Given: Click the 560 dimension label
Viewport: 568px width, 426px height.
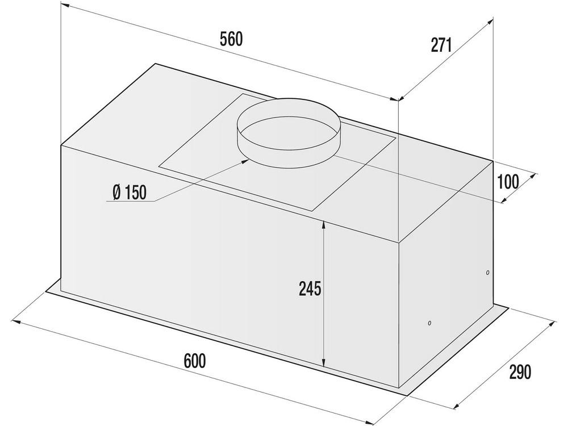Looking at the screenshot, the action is [231, 39].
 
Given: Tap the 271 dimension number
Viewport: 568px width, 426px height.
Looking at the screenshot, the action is [441, 45].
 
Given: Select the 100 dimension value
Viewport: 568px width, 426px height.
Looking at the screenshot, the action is [508, 182].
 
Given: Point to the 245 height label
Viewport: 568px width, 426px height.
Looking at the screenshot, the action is [310, 289].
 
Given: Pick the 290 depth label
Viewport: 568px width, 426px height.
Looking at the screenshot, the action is [520, 372].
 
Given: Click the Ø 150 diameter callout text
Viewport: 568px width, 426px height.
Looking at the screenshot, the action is [130, 193].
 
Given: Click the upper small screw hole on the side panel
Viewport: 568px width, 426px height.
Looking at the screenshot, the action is [487, 273].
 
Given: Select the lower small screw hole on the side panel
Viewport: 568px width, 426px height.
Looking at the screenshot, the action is [429, 323].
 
